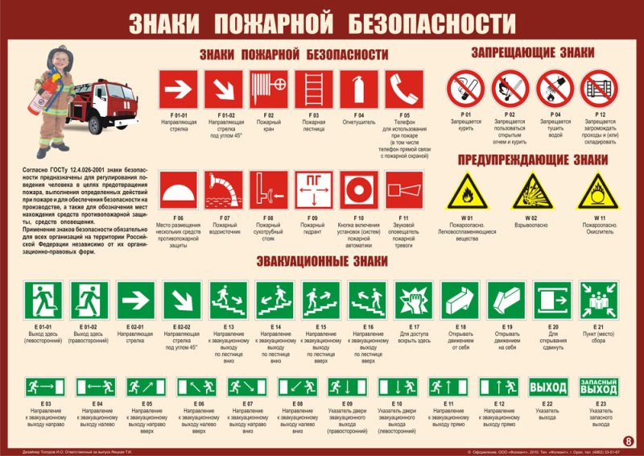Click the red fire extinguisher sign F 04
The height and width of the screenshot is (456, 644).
(358, 88)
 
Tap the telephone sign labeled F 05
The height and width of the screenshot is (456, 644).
(404, 88)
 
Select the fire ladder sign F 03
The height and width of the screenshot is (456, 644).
(313, 88)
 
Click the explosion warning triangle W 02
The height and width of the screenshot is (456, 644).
(531, 191)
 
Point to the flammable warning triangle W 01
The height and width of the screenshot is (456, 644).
(466, 191)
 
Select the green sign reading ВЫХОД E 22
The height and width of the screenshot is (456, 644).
(548, 388)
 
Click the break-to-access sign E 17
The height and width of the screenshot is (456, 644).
(415, 299)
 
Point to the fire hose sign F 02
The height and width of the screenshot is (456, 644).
(268, 88)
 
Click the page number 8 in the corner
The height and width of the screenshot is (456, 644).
(629, 441)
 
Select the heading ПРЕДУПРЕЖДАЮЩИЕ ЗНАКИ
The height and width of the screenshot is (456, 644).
(532, 160)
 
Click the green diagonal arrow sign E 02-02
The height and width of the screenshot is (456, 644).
(182, 299)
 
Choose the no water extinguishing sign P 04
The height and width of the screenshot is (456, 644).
(555, 88)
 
